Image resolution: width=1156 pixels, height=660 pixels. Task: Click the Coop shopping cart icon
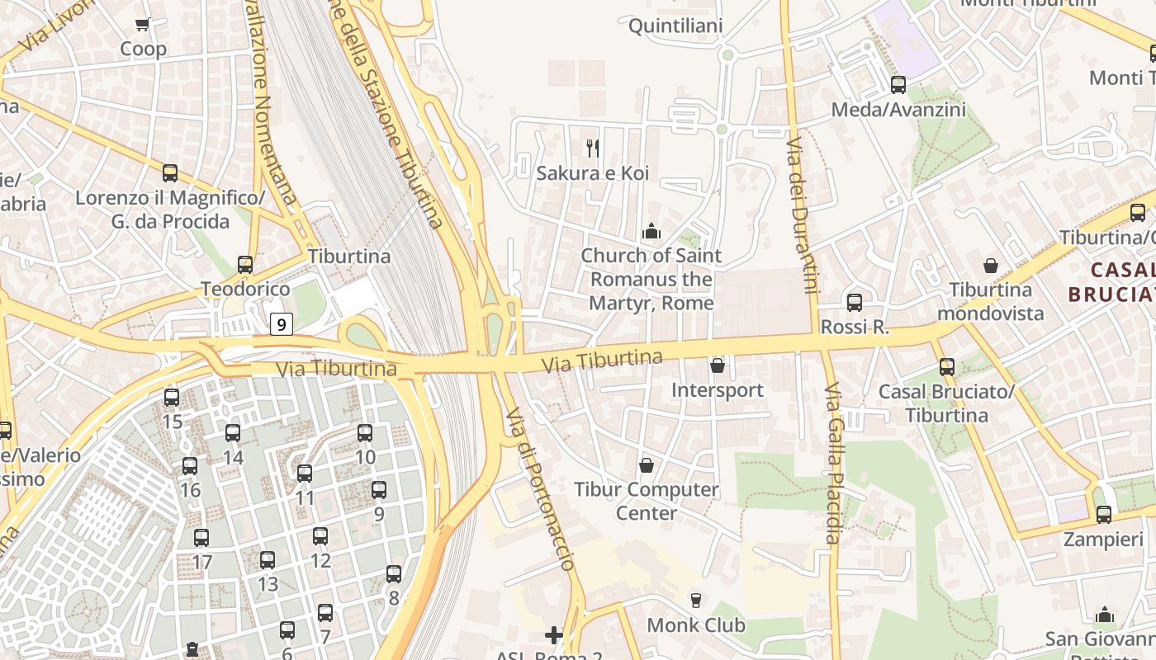[x=142, y=25]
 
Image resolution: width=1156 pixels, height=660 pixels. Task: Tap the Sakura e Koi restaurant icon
[x=592, y=148]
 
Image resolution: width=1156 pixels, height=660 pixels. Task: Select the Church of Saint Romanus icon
[x=651, y=231]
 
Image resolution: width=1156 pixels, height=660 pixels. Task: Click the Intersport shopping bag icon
[x=718, y=365]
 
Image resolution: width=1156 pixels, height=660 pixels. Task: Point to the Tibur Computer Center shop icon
[x=647, y=465]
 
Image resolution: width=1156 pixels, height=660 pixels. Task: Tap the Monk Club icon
[x=695, y=600]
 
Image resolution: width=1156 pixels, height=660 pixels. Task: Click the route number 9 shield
[x=282, y=324]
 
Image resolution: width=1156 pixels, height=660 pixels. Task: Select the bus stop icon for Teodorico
[x=245, y=265]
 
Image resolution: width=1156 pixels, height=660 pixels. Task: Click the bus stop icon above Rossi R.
[x=855, y=302]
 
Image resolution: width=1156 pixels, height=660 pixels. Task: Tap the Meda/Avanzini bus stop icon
[x=898, y=84]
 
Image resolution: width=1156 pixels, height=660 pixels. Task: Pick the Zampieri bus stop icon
[x=1104, y=515]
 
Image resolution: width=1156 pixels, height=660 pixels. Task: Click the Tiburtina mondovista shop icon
[x=990, y=266]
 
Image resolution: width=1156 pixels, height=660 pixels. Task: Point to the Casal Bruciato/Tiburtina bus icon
[x=947, y=367]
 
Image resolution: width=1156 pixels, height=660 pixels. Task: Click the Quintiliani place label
[x=675, y=26]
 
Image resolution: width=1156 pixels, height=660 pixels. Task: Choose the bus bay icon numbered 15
[x=172, y=398]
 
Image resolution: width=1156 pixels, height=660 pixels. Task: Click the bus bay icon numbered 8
[x=394, y=573]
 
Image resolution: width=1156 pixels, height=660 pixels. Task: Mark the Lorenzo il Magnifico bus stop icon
[x=170, y=173]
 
